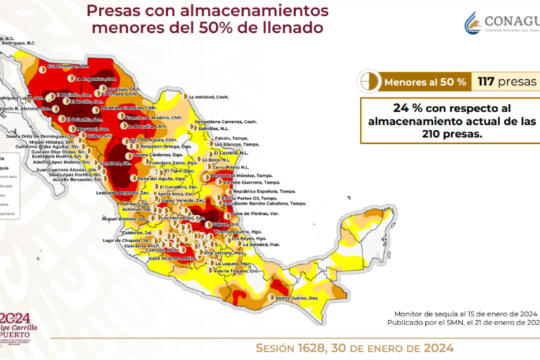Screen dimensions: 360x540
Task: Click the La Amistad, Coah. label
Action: coord(210,96)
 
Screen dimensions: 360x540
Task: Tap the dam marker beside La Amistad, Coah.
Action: coord(184,96)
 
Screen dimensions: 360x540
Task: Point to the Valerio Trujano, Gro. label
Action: coord(237,271)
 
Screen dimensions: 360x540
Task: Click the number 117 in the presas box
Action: coord(485,82)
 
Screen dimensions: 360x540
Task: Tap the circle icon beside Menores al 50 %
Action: coord(368,82)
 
